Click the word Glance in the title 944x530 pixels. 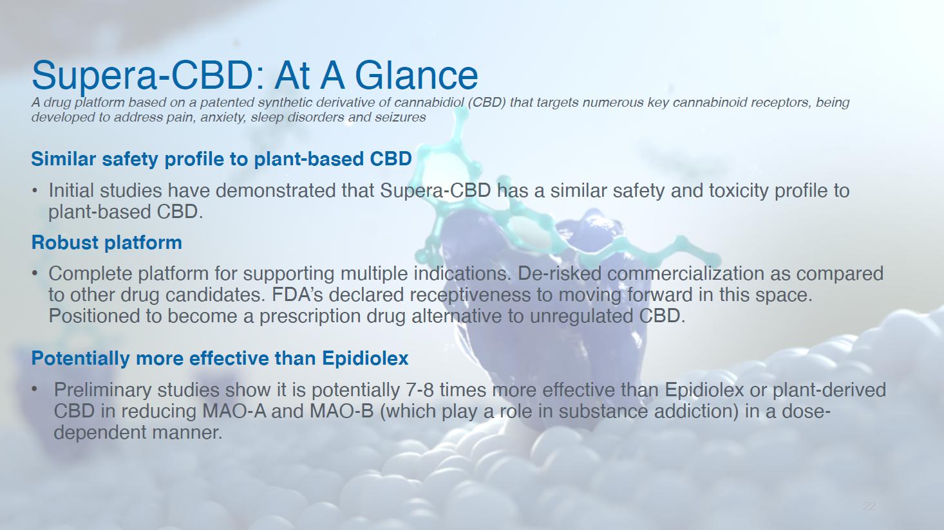[417, 76]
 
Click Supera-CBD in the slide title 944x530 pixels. [142, 77]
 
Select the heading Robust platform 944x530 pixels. [107, 242]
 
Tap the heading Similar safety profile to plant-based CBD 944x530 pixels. [222, 159]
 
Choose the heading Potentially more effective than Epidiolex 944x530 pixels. [220, 358]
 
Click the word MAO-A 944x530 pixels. [234, 411]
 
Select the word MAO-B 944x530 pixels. [342, 411]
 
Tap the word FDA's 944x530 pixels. [297, 295]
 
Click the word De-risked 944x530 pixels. [559, 273]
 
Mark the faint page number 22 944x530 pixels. [869, 506]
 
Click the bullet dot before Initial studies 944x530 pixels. [35, 191]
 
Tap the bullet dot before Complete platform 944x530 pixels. [35, 274]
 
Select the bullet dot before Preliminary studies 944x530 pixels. [35, 390]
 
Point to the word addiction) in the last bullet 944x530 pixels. [695, 411]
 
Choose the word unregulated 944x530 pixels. [581, 316]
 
